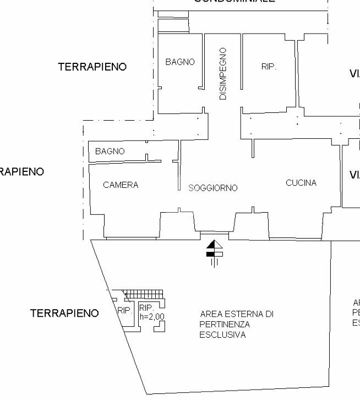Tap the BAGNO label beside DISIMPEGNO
point(180,62)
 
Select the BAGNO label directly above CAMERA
point(110,151)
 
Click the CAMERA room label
point(121,185)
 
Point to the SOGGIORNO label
point(213,188)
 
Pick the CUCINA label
point(301,183)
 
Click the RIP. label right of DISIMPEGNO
point(269,67)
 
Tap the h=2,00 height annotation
point(152,316)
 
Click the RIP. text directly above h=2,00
point(146,307)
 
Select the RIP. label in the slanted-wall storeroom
point(125,311)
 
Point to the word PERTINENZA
point(225,325)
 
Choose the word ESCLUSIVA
point(222,335)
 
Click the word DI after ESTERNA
point(269,314)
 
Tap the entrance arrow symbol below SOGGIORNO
point(214,250)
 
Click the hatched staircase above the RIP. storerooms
point(143,294)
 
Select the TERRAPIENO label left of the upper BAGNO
point(92,67)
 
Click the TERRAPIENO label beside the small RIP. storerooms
point(64,313)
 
